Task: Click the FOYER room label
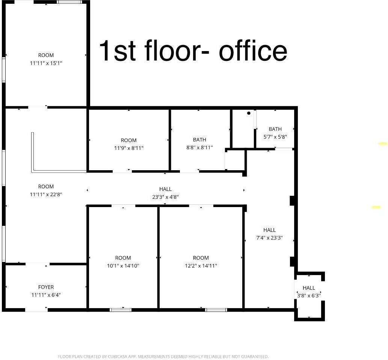click(x=46, y=287)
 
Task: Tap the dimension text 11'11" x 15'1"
click(x=46, y=63)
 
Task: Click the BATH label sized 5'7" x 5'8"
click(x=275, y=129)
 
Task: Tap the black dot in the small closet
click(x=249, y=113)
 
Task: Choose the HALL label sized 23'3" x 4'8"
click(x=165, y=189)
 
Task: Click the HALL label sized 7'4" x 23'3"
click(x=269, y=230)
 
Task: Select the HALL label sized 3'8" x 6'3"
click(x=309, y=288)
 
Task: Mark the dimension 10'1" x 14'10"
click(x=123, y=266)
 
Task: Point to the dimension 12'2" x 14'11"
click(x=201, y=266)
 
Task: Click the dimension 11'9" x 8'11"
click(x=128, y=148)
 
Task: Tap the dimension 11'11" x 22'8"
click(x=46, y=194)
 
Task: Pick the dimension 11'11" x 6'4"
click(x=46, y=295)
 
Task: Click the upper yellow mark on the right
click(x=382, y=144)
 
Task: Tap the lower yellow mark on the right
click(x=376, y=207)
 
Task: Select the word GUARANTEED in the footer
click(x=254, y=357)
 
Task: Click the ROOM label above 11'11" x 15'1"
click(x=46, y=55)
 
